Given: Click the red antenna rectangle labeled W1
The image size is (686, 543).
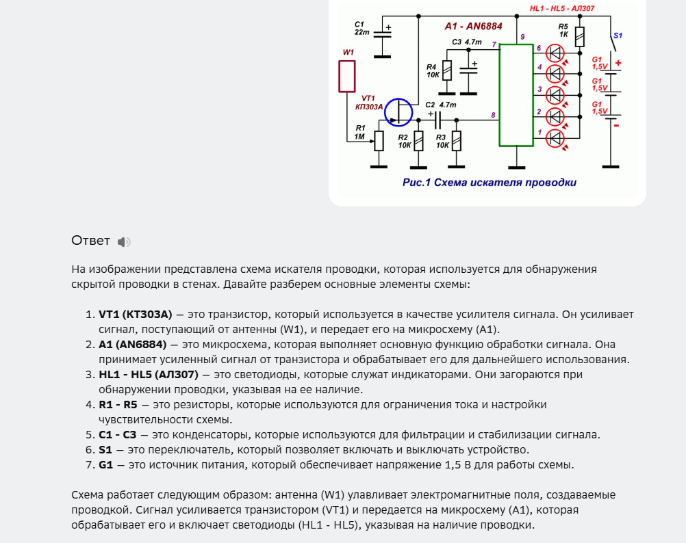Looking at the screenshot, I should (x=348, y=76).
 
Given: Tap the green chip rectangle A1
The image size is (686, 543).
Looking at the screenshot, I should (x=516, y=95).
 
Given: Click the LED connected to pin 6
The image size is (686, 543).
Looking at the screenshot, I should (x=556, y=51).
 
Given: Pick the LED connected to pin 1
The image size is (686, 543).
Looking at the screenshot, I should (x=556, y=137).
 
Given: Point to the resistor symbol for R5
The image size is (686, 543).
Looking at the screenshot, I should (x=579, y=36).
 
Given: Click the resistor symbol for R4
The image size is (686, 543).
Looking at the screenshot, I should (x=446, y=70).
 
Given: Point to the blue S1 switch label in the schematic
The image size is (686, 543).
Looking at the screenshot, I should (x=618, y=34).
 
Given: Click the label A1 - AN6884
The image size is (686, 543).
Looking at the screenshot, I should (x=473, y=26).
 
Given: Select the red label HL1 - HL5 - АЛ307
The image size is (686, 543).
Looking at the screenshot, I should (x=561, y=8).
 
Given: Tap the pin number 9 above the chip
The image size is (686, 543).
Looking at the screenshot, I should (x=522, y=36).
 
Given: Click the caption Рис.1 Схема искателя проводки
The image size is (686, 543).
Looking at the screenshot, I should (x=489, y=183).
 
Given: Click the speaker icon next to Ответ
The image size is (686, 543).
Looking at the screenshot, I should (x=123, y=241).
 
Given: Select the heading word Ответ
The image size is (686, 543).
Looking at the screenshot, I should (x=90, y=241).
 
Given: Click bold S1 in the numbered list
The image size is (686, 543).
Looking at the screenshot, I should (x=105, y=449).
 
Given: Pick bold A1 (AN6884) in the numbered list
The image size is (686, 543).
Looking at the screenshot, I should (x=132, y=344).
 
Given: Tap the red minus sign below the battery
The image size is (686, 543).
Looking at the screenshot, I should (x=616, y=126).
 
